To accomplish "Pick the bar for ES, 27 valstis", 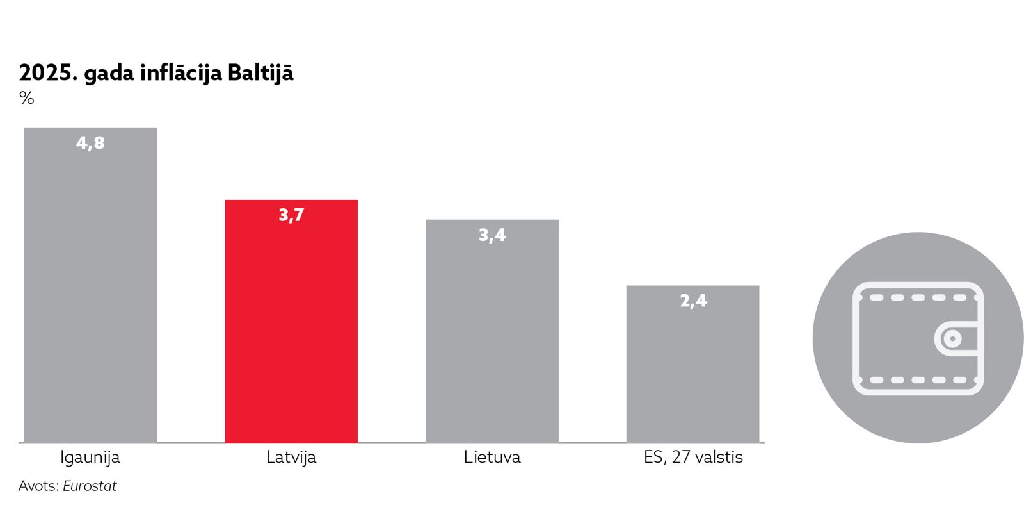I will (x=692, y=372).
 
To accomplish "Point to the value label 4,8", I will (x=90, y=143).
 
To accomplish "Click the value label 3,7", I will (x=291, y=215).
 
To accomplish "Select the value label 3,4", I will (x=492, y=235).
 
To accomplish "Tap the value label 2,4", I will (x=693, y=301).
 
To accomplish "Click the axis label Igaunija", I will (x=90, y=458).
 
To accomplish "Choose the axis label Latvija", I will (x=291, y=458).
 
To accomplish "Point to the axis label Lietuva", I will (x=492, y=458).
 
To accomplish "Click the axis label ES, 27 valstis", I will (x=693, y=458).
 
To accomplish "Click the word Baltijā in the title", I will (x=260, y=73).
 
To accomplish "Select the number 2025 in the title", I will (x=46, y=74).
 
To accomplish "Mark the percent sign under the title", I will (x=27, y=98).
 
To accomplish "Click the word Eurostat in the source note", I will (x=90, y=486).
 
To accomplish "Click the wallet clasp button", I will (x=953, y=338).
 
